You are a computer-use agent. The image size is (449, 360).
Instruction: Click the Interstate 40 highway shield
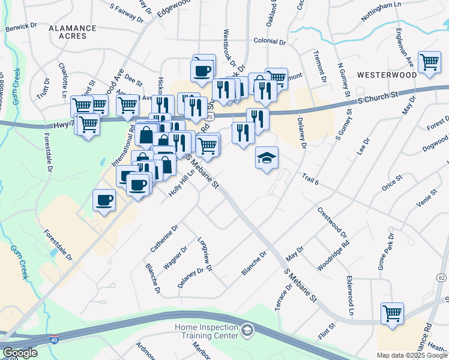54,339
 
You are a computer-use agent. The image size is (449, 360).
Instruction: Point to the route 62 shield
442,278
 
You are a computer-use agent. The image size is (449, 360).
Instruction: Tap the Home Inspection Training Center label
207,331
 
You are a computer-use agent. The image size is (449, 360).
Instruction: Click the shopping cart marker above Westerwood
429,62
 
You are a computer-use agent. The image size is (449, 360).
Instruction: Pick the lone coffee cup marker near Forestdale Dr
104,200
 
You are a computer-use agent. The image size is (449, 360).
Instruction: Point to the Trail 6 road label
309,178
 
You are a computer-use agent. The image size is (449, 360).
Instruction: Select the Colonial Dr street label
269,42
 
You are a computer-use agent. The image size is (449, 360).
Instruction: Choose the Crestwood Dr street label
332,222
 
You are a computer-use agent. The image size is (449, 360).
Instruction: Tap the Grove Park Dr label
384,255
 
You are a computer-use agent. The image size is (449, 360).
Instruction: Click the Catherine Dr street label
164,238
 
